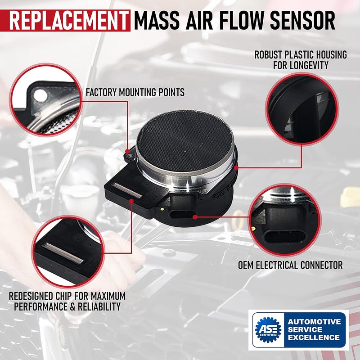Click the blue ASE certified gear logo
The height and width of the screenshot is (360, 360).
pos(268,330)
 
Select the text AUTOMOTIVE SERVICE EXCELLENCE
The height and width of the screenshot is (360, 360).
pos(315,330)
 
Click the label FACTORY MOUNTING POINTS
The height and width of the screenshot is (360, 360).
pos(135,93)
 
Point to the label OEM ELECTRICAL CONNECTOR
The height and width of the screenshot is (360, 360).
pos(290,265)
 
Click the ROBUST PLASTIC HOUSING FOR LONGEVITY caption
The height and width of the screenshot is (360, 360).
pos(301,60)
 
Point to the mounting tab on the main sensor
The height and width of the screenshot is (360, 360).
pos(128,155)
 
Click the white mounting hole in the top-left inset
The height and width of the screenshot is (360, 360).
pos(40,94)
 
